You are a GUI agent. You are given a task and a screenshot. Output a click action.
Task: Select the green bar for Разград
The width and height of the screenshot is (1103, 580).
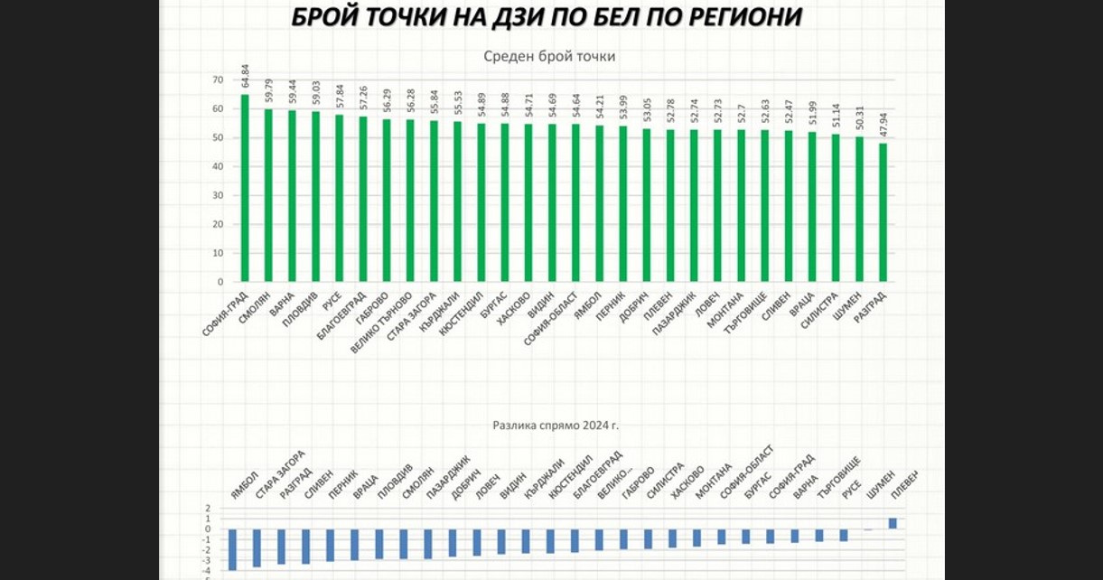click(x=883, y=212)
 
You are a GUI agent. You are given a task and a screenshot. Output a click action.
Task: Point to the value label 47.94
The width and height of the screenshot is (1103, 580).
click(x=883, y=127)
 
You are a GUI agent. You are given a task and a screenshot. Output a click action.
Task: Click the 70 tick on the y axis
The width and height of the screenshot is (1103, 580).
click(x=217, y=80)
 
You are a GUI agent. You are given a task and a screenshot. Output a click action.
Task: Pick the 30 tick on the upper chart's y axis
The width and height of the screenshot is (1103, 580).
click(x=217, y=196)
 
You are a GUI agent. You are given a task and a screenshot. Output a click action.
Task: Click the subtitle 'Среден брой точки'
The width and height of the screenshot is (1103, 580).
click(x=549, y=56)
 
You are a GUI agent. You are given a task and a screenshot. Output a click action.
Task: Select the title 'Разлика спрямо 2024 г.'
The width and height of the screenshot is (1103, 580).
click(x=556, y=423)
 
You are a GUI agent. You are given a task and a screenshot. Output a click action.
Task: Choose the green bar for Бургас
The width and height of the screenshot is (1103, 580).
click(x=504, y=202)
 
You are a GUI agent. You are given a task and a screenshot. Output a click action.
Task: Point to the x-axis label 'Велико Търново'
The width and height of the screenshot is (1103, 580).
click(x=384, y=322)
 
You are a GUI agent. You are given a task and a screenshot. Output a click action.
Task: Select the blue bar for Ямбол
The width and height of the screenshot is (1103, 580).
click(x=232, y=549)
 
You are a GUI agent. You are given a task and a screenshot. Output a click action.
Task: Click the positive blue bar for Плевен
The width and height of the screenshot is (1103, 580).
click(x=893, y=523)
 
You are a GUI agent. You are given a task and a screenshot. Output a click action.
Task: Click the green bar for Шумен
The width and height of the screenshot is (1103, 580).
click(x=859, y=209)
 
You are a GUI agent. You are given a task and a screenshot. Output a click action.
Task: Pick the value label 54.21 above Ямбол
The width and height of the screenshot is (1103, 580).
click(x=600, y=108)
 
